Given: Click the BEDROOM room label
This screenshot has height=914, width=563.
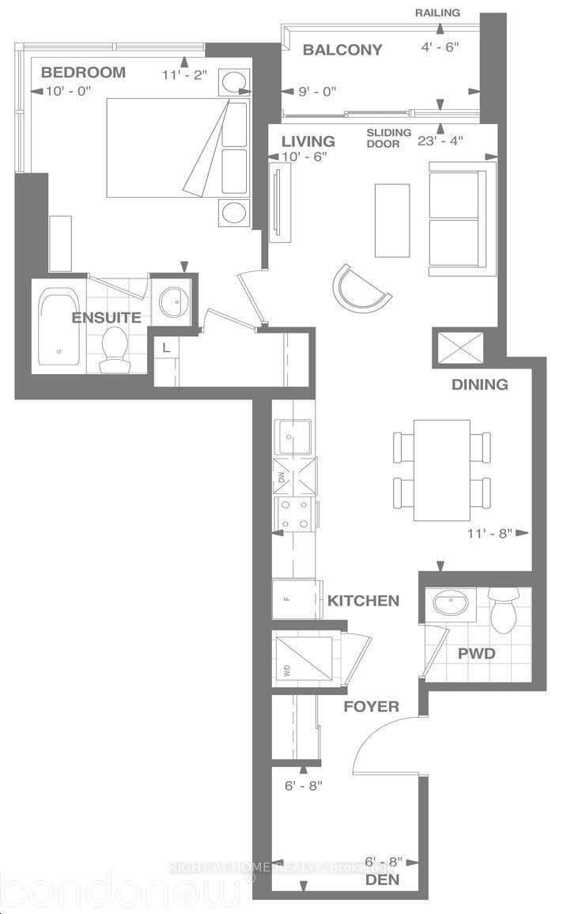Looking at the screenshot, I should tap(83, 72).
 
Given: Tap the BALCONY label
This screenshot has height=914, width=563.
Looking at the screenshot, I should tap(342, 50).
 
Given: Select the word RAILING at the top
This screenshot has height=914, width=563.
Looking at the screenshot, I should tap(437, 13).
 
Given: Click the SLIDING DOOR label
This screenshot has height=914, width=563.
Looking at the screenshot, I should tap(389, 138).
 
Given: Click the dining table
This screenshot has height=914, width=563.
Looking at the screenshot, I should tap(441, 470).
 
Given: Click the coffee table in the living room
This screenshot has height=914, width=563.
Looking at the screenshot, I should tap(392, 220).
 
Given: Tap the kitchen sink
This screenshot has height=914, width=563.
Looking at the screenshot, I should tap(293, 437).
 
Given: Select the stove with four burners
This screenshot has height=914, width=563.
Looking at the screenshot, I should tap(294, 514).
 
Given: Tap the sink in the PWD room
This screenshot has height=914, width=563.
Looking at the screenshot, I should tap(450, 605).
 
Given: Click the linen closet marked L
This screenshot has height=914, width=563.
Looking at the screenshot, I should tap(165, 348).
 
